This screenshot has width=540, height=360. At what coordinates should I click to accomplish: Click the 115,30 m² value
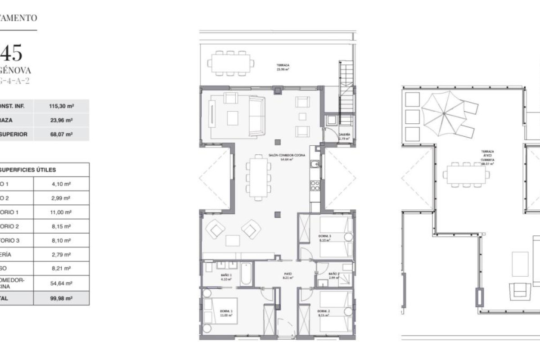coord(61,106)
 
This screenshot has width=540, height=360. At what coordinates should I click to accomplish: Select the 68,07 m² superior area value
coord(61,134)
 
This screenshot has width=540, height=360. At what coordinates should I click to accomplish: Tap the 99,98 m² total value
coord(61,298)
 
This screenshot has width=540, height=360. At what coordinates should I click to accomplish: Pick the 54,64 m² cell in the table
coord(61,283)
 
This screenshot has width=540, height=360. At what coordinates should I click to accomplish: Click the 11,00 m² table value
coord(61,212)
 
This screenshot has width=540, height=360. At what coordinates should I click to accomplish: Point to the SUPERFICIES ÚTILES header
coord(27,170)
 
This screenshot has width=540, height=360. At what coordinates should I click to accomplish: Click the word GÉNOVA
coord(15,71)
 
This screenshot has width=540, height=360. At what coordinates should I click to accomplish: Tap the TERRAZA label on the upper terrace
coord(283,65)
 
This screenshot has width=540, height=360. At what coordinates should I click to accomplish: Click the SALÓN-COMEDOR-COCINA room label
coord(287,155)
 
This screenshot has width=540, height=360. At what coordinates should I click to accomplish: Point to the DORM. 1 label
coord(226,311)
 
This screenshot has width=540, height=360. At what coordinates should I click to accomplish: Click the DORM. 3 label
coord(324,237)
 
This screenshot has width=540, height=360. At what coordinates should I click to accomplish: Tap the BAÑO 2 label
coord(333,274)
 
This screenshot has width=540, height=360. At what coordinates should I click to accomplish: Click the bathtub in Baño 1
coord(246,274)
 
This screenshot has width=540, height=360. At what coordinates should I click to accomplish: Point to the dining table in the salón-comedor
coord(258,177)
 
